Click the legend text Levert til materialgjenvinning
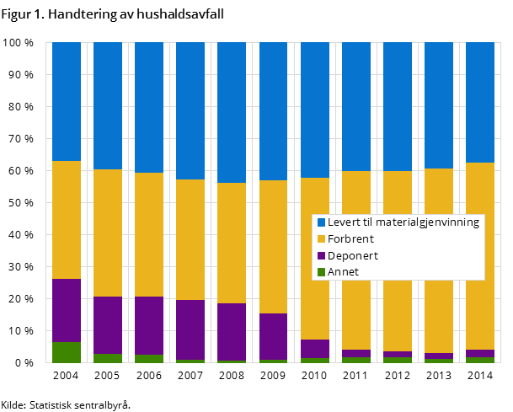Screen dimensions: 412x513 (x=403, y=222)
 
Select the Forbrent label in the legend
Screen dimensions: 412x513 (x=350, y=239)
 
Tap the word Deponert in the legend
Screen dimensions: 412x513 (x=353, y=255)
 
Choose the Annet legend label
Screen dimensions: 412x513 (x=343, y=272)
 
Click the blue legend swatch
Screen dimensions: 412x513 (x=321, y=222)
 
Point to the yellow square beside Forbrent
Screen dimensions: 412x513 (x=321, y=239)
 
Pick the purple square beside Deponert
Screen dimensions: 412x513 (x=321, y=255)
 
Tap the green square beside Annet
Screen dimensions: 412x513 (x=321, y=272)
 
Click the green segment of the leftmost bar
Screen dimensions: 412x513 (x=67, y=352)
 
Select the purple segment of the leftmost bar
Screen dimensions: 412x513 (x=67, y=310)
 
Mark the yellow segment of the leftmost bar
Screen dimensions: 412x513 (x=67, y=219)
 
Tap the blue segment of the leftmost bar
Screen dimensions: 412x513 (x=67, y=101)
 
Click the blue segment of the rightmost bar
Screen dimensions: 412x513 (x=480, y=102)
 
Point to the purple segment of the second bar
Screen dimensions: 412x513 (x=108, y=325)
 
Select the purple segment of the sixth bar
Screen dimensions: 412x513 (x=273, y=336)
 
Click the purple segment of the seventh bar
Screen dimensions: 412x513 (x=314, y=349)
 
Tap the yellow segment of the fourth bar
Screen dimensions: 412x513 (x=190, y=239)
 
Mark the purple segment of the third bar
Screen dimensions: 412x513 (x=149, y=325)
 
